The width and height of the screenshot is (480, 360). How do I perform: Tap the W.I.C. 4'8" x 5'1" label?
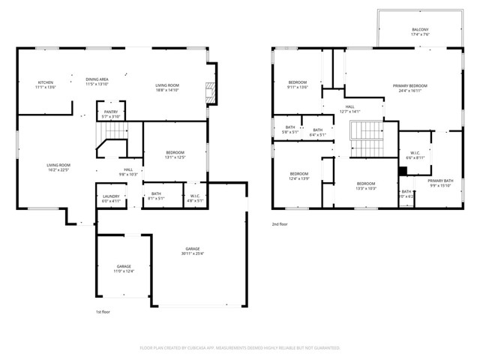point(196,196)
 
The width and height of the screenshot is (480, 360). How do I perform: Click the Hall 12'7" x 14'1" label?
point(349,109)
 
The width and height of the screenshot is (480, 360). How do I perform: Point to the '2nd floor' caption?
point(280,223)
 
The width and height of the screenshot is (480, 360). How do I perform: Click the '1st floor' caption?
point(103,311)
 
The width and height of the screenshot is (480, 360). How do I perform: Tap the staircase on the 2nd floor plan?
point(366,138)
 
